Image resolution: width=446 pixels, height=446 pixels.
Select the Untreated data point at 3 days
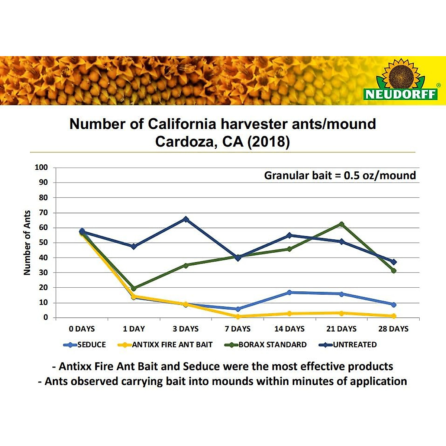186,219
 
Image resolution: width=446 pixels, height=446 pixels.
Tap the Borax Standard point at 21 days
341,224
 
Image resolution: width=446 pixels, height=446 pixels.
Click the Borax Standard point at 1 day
134,288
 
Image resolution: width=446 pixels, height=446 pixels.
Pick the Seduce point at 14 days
289,293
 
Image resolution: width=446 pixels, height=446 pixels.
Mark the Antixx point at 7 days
238,317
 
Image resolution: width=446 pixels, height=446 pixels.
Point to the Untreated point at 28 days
394,262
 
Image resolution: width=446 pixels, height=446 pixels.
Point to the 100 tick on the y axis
41,167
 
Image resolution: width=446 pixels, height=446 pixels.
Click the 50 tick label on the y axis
43,243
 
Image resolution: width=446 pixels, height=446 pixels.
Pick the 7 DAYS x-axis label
237,329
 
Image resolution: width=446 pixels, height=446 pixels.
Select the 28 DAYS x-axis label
393,329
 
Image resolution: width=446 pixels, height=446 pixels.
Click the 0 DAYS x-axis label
82,329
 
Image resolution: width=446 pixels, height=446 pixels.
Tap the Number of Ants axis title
27,242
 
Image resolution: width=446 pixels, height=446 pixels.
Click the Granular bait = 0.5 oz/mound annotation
340,175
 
